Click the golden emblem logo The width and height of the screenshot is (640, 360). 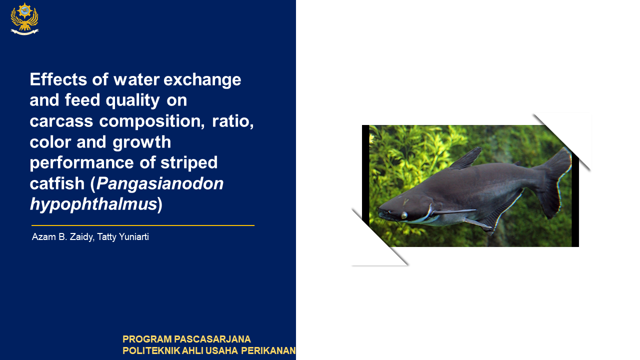pos(24,19)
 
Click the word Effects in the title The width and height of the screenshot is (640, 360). pos(58,79)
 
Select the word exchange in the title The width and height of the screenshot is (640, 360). pos(202,79)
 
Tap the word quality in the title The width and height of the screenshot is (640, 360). pos(132,101)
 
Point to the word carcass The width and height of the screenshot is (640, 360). pos(61,121)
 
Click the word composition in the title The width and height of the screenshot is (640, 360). pos(151,121)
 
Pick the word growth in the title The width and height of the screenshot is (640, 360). pos(141,142)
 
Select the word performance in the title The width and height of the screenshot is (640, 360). pos(81,163)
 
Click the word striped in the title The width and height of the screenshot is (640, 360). pos(189,163)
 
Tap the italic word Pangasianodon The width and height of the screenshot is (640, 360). pos(160,183)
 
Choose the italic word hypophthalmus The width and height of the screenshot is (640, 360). pos(93,204)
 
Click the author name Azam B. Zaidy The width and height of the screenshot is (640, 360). pos(62,237)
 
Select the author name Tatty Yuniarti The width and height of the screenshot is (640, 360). pos(123,237)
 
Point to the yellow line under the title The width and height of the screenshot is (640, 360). pos(143,225)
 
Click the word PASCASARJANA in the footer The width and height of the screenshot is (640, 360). pos(212,339)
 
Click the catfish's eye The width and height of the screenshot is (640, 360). pos(404,215)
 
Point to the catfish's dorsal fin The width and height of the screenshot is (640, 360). pos(465,158)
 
